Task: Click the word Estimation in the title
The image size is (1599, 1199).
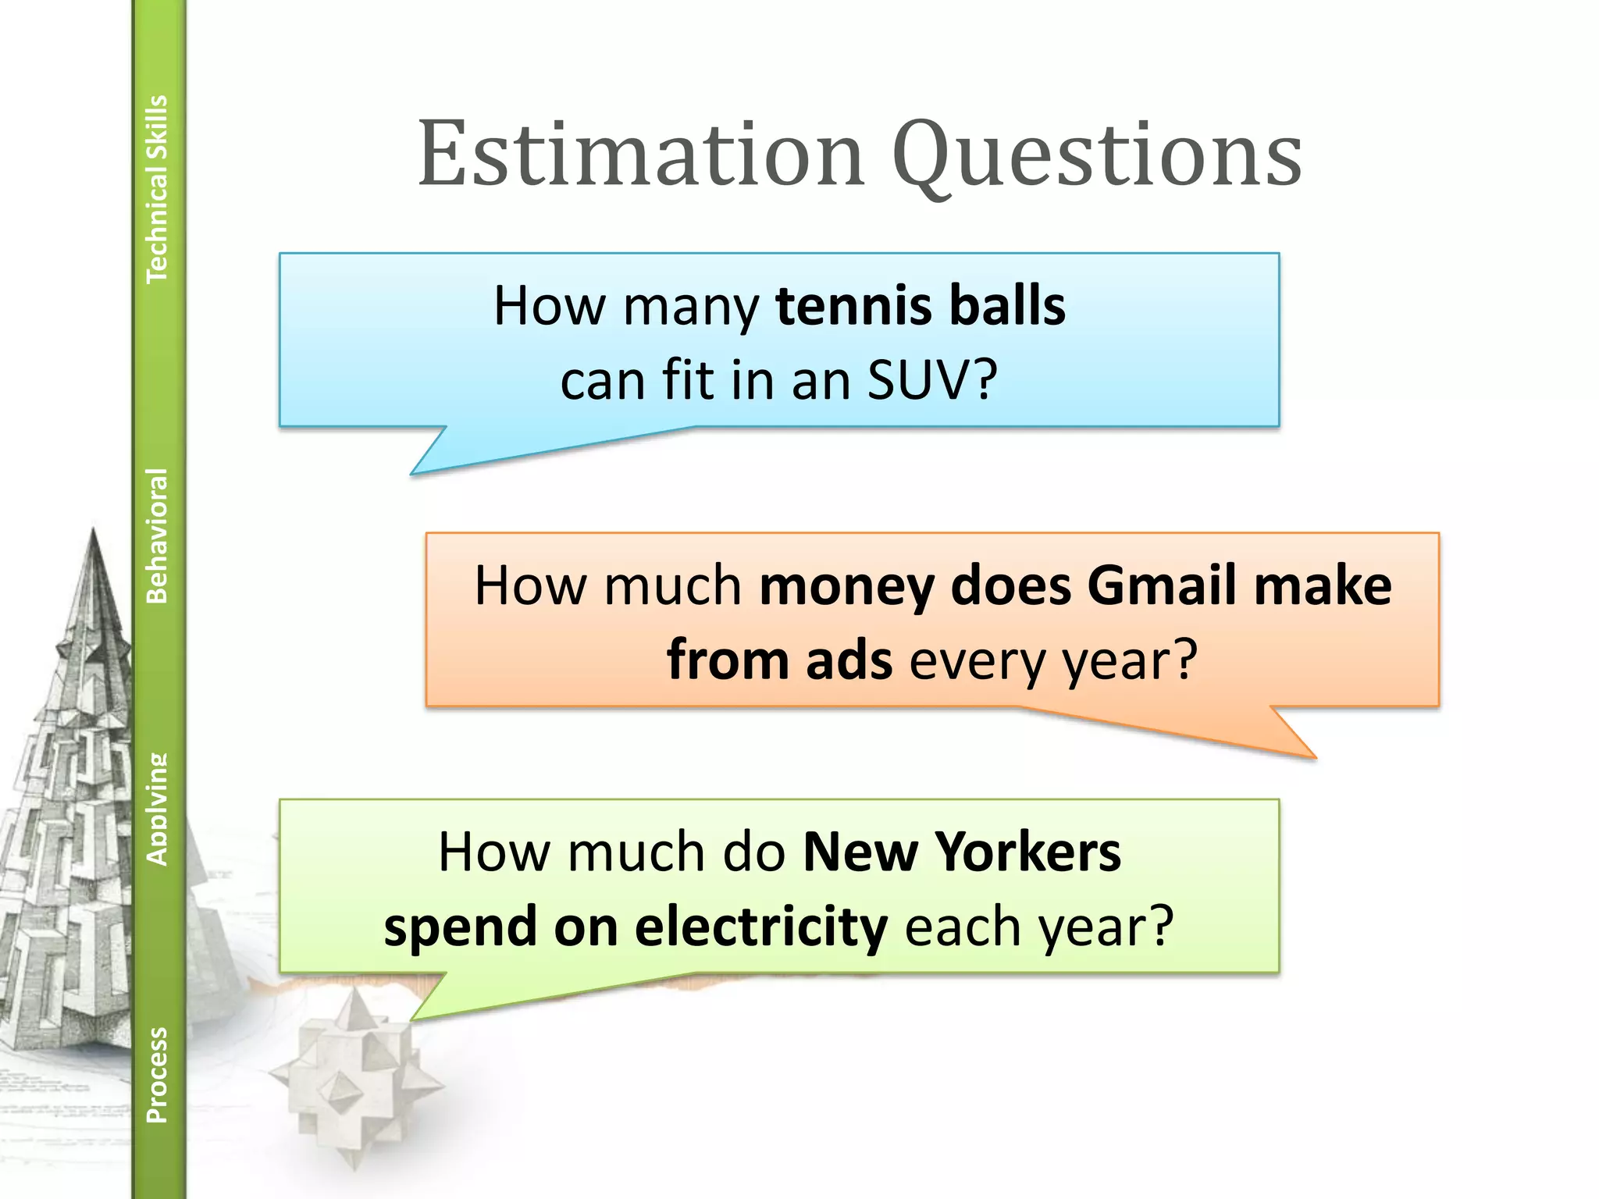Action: pos(640,154)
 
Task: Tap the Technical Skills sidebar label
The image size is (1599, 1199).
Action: pos(157,189)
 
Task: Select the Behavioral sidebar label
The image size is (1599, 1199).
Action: pos(157,535)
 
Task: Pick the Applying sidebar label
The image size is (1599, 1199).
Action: pos(157,809)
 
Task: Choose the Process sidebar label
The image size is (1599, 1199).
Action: pos(157,1074)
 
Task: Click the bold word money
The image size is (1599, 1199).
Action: pos(846,587)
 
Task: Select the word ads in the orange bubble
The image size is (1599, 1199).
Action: pos(849,660)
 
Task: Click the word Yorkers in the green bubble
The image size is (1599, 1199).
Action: pos(1028,852)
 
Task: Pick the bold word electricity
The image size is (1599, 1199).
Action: pos(760,927)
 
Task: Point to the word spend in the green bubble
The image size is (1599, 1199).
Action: pos(460,928)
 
